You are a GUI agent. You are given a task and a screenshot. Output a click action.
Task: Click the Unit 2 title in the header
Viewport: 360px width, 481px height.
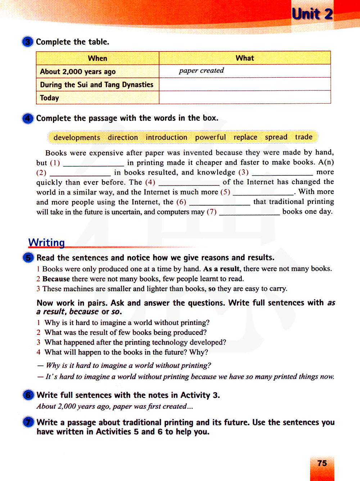coord(312,14)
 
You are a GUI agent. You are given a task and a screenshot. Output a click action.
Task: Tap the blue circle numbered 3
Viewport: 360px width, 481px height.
coord(28,42)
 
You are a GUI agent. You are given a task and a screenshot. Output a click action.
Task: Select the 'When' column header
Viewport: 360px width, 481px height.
coord(98,58)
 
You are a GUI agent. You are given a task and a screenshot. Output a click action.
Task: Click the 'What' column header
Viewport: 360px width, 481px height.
coord(245,58)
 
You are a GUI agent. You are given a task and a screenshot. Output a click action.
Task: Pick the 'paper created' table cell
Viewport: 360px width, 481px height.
coord(201,71)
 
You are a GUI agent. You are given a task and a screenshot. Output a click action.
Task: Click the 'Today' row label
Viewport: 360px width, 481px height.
coord(50,98)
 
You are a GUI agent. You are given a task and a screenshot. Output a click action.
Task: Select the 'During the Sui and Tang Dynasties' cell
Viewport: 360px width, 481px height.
coord(96,85)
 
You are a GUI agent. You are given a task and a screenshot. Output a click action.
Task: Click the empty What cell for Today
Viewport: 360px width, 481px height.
coord(245,98)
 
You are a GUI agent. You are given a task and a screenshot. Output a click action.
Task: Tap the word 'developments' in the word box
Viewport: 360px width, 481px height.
coord(77,138)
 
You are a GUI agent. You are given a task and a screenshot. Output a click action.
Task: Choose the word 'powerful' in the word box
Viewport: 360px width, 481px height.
coord(210,137)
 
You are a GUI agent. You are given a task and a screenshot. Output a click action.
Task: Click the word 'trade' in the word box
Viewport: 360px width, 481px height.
coord(303,137)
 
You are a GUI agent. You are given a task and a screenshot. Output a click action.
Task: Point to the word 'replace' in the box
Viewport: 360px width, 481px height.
coord(245,137)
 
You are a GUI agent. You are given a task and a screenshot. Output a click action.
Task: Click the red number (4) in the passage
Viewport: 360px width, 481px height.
coord(150,182)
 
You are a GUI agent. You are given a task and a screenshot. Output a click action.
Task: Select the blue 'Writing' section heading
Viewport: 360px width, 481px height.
coord(46,242)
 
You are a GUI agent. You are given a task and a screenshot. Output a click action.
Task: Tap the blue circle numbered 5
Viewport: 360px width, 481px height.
coord(28,258)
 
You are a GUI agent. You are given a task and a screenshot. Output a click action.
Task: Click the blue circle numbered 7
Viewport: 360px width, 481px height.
coord(28,422)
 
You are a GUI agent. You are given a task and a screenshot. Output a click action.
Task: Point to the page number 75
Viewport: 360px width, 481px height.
coord(322,463)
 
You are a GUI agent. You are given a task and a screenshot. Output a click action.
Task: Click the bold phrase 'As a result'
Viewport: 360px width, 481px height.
coord(221,269)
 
